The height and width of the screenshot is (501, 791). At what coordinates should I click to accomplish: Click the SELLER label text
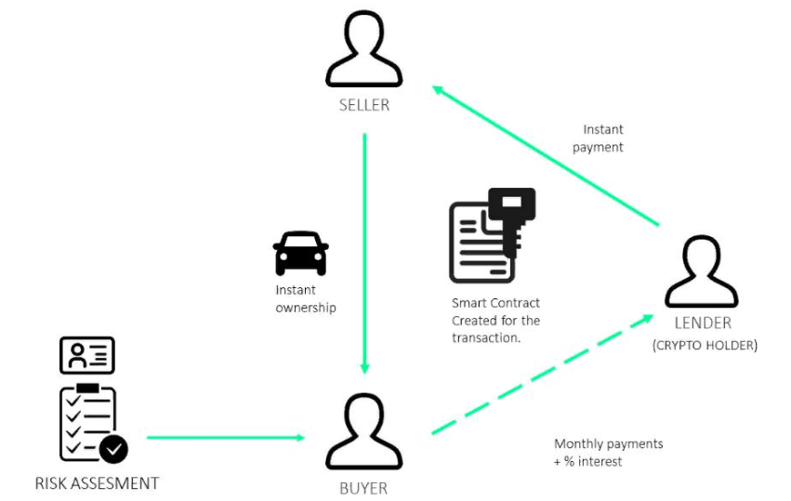(364, 105)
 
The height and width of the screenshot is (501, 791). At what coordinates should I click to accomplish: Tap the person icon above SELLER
(364, 52)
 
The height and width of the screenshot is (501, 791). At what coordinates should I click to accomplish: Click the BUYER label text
(363, 487)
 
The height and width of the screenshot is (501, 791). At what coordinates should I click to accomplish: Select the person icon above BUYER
(363, 433)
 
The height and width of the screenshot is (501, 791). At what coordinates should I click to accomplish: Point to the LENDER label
(704, 323)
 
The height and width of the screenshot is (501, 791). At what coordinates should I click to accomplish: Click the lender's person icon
(702, 272)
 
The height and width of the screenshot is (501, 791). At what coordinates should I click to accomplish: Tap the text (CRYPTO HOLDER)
(705, 346)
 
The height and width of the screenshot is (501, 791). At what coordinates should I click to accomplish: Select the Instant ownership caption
(305, 298)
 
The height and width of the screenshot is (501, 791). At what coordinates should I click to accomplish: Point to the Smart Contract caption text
(495, 320)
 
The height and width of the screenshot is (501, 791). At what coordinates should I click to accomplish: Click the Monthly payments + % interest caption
(608, 453)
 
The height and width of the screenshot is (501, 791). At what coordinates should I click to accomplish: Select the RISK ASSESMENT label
(97, 483)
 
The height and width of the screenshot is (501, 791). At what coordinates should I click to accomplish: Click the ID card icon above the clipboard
(87, 355)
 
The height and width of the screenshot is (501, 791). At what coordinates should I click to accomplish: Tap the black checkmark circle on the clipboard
(113, 449)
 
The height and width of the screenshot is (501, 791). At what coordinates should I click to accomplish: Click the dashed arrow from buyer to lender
(542, 374)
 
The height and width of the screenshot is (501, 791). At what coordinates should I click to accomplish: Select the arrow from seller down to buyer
(364, 251)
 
